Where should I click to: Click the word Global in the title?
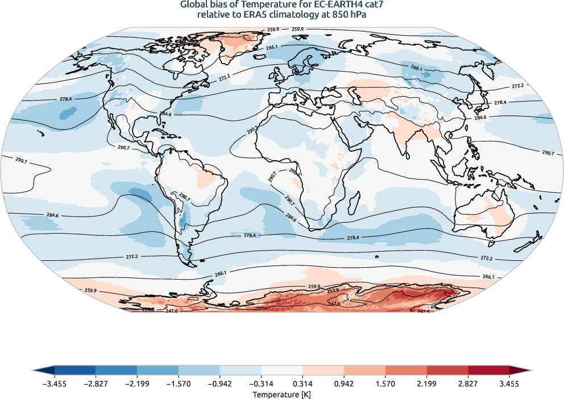point(194,5)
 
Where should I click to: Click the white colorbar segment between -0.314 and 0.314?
point(282,371)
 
